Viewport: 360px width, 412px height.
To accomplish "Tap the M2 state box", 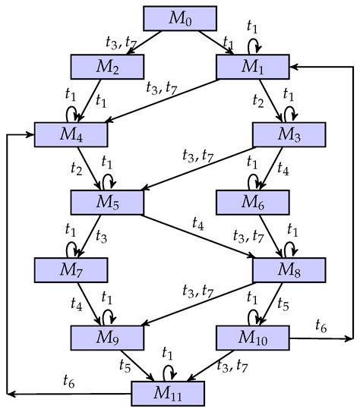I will tap(108, 67).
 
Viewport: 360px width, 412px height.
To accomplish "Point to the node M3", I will tap(289, 134).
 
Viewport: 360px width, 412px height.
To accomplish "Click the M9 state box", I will tap(108, 335).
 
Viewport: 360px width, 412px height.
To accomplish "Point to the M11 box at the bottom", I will tap(168, 392).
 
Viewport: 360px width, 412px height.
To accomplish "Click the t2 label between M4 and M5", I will tap(76, 168).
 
